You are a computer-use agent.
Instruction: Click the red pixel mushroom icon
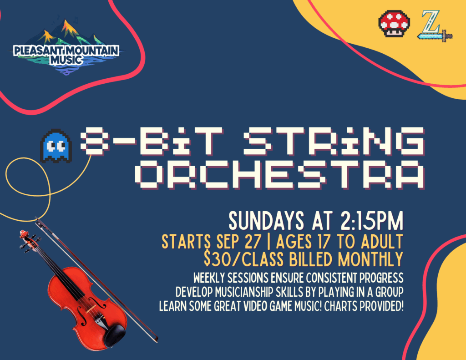[x=394, y=24]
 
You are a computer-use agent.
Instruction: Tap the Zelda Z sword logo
[x=435, y=26]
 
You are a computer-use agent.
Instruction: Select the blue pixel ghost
[x=56, y=146]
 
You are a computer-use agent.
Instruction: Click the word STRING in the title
[x=334, y=142]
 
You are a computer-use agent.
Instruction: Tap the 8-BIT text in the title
[x=151, y=142]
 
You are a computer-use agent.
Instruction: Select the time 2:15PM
[x=372, y=221]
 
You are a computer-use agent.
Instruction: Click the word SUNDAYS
[x=266, y=221]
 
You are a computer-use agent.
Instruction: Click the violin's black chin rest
[x=114, y=335]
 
